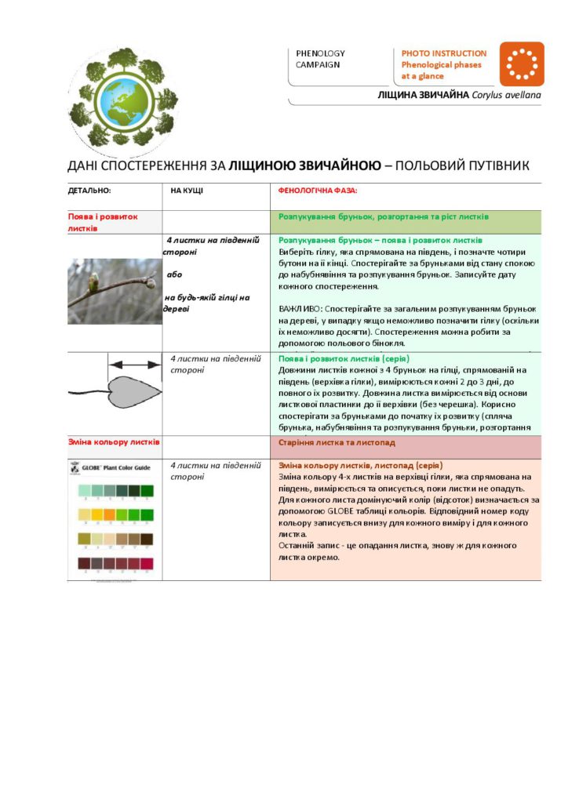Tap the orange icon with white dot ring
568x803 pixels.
[521, 64]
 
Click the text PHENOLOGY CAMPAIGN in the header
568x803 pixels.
[320, 59]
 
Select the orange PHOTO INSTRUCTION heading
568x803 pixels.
[444, 53]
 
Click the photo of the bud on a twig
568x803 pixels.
[114, 290]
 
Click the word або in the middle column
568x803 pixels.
[174, 274]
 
